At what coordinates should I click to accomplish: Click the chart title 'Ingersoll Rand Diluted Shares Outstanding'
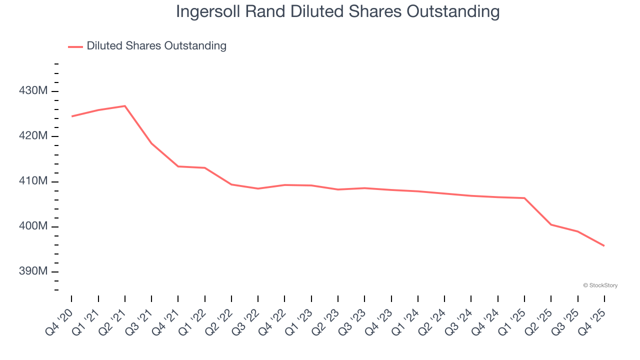point(337,11)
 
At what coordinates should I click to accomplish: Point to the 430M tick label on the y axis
point(33,91)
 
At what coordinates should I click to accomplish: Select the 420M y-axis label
point(33,136)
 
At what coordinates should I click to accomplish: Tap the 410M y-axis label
point(33,181)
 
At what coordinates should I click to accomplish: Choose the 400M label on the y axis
point(33,226)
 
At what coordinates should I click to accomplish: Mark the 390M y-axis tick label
point(33,271)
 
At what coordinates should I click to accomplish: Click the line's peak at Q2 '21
point(125,106)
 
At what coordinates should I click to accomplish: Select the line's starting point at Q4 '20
point(72,116)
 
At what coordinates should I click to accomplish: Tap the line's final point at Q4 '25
point(604,245)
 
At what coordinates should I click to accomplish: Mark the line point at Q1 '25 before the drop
point(524,198)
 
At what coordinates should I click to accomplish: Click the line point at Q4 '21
point(178,166)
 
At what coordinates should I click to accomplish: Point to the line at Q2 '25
point(551,224)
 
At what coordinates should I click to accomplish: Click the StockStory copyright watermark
point(600,285)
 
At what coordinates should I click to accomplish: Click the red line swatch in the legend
point(75,46)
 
